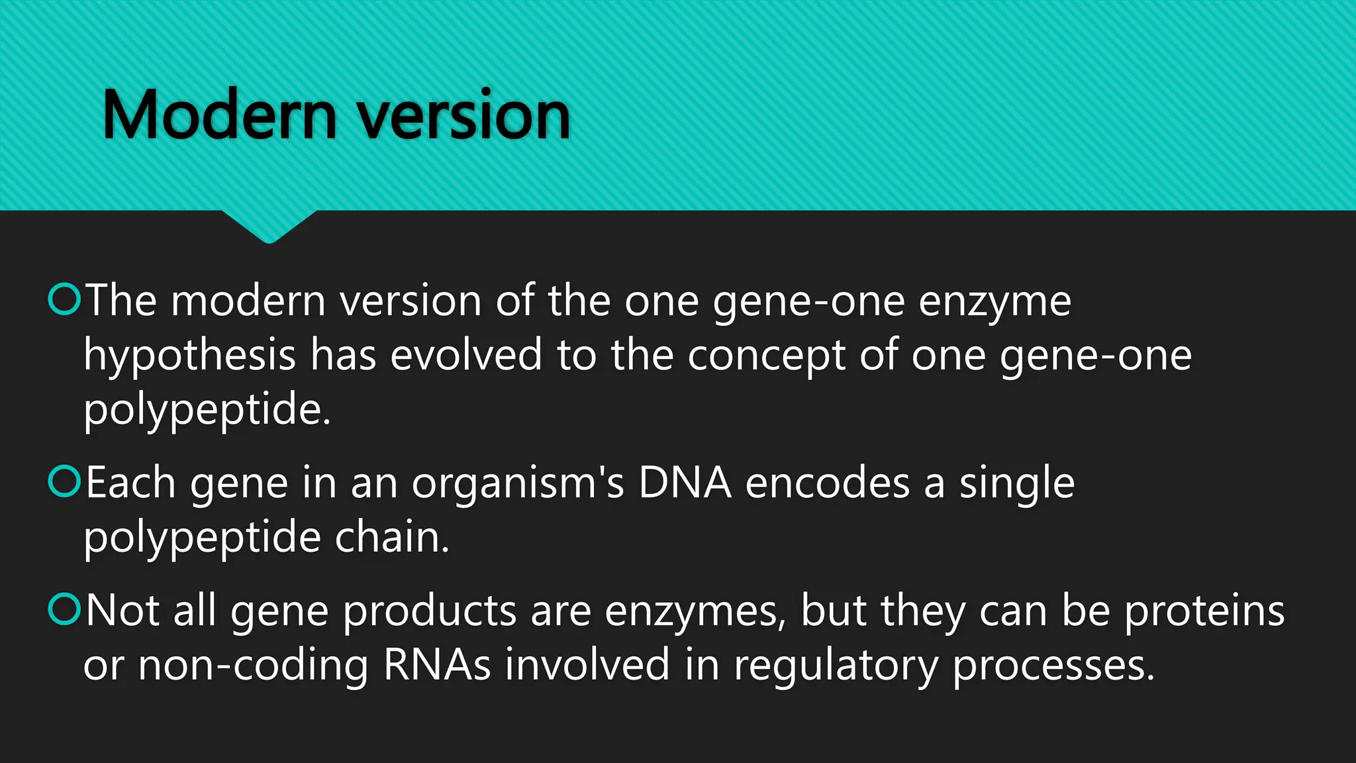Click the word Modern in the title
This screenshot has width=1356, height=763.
coord(219,116)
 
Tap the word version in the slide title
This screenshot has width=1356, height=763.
coord(463,117)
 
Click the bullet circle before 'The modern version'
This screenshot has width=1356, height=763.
coord(65,299)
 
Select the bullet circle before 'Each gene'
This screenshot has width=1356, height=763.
coord(65,482)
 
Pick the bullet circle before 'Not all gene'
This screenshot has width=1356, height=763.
coord(65,609)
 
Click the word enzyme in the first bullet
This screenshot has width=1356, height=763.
coord(994,302)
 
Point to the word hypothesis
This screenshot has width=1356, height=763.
coord(189,356)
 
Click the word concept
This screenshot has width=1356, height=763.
coord(766,356)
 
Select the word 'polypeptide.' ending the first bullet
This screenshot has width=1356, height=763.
coord(207,411)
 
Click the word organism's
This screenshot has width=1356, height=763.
coord(517,484)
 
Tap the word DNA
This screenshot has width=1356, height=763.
coord(684,483)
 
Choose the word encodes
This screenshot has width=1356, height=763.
coord(827,483)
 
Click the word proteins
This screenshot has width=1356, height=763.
coord(1204,611)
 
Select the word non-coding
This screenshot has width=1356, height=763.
coord(252,666)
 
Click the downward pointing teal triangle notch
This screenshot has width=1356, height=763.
coord(269,225)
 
